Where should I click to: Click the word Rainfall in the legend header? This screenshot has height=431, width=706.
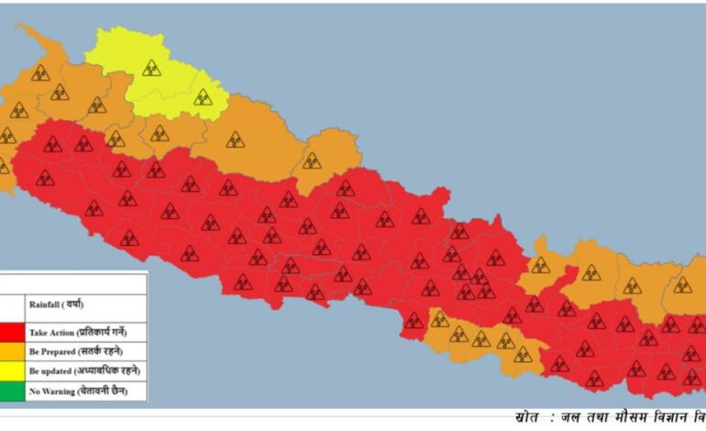[46, 304]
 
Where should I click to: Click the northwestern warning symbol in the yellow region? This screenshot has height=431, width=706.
[151, 67]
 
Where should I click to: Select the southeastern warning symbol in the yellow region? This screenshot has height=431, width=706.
[203, 96]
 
